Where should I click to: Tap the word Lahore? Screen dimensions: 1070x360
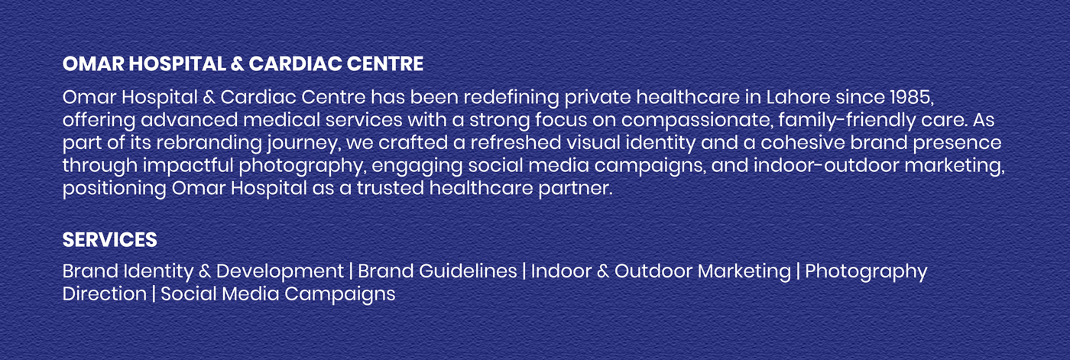point(798,97)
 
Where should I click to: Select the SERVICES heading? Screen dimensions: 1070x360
point(109,240)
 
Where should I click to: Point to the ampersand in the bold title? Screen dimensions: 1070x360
point(238,64)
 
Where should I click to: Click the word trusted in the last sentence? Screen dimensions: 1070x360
point(391,187)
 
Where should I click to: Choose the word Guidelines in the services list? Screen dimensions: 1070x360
point(468,271)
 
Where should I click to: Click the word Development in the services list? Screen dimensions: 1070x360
point(280,271)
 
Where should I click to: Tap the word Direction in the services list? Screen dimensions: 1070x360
point(104,294)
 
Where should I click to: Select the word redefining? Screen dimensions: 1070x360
point(511,98)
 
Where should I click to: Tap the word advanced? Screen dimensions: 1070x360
point(190,120)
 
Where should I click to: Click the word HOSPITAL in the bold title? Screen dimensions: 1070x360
point(177,64)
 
